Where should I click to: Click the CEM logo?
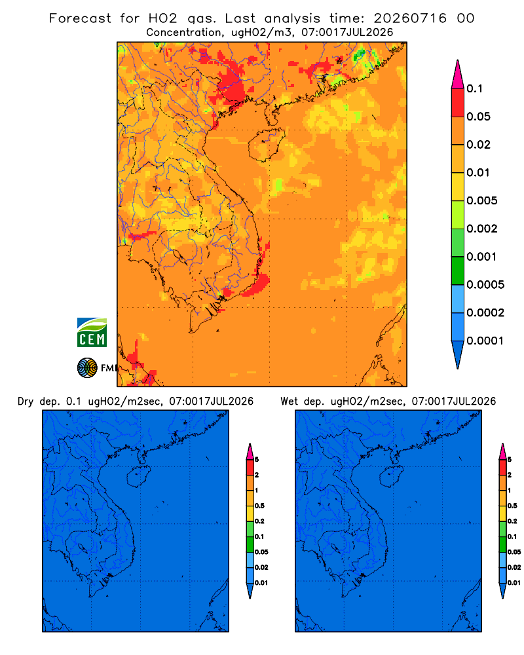(92, 332)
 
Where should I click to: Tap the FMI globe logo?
(87, 367)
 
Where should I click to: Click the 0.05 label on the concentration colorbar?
(478, 117)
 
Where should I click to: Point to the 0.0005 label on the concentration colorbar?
(485, 284)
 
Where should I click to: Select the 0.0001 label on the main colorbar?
(485, 341)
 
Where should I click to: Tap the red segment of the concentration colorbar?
(458, 102)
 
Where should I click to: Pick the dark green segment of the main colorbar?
(458, 271)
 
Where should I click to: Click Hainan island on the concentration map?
(266, 145)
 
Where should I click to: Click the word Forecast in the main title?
(80, 18)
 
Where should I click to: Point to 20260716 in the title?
(410, 18)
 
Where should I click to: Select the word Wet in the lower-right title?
(290, 402)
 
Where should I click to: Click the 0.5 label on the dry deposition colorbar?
(259, 506)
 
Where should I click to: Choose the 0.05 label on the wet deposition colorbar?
(514, 552)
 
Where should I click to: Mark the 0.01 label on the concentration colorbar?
(478, 172)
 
